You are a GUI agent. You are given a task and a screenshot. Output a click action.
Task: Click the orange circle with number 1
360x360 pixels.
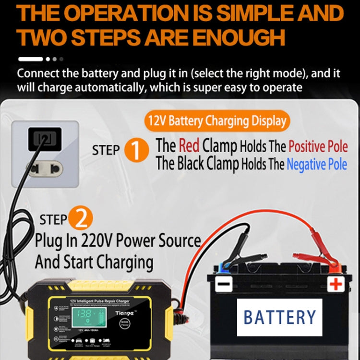137,150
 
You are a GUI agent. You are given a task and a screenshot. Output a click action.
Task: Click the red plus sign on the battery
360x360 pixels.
336,284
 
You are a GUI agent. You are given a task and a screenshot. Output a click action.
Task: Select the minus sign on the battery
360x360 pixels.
223,284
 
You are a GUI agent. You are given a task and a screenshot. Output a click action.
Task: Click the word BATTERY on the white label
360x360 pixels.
280,317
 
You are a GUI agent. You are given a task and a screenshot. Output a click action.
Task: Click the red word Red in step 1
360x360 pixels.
189,144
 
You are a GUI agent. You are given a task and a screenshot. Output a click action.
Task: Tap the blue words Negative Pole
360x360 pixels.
317,164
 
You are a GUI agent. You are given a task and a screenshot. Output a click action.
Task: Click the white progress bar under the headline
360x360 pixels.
31,60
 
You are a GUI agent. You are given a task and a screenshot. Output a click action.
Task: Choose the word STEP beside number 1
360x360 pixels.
106,150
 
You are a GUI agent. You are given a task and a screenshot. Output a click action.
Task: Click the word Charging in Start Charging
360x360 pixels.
125,262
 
